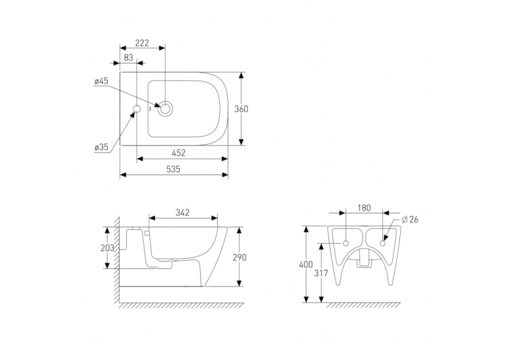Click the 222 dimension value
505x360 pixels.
(x=142, y=43)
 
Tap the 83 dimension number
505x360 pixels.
(x=128, y=57)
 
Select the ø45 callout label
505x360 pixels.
(x=102, y=81)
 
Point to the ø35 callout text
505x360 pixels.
(x=102, y=147)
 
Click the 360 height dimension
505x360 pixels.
(x=241, y=109)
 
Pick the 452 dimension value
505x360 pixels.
(x=179, y=153)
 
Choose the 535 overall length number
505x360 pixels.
(x=173, y=169)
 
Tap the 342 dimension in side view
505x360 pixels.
(x=183, y=213)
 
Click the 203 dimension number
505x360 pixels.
(x=107, y=248)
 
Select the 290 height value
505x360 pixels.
(x=239, y=257)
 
